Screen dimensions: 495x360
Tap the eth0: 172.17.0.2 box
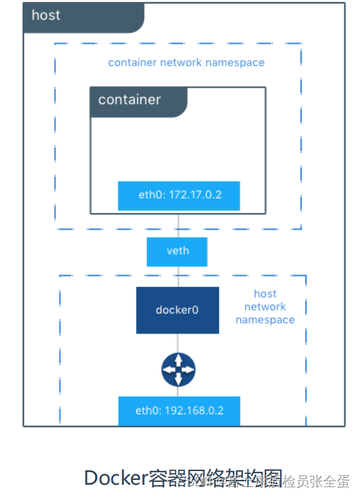(179, 195)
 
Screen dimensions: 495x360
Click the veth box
(177, 251)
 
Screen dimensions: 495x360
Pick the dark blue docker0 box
(177, 310)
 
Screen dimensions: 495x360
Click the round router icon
(178, 370)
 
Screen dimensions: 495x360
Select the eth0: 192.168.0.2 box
(179, 411)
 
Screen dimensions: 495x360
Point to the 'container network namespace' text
(186, 62)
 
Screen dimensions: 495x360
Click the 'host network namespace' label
(265, 307)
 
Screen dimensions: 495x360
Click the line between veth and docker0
(178, 277)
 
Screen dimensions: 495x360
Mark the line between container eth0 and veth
(178, 225)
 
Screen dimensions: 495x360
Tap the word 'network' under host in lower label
(265, 307)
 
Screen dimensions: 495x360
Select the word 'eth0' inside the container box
(149, 195)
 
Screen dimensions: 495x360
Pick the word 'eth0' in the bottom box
(146, 411)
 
